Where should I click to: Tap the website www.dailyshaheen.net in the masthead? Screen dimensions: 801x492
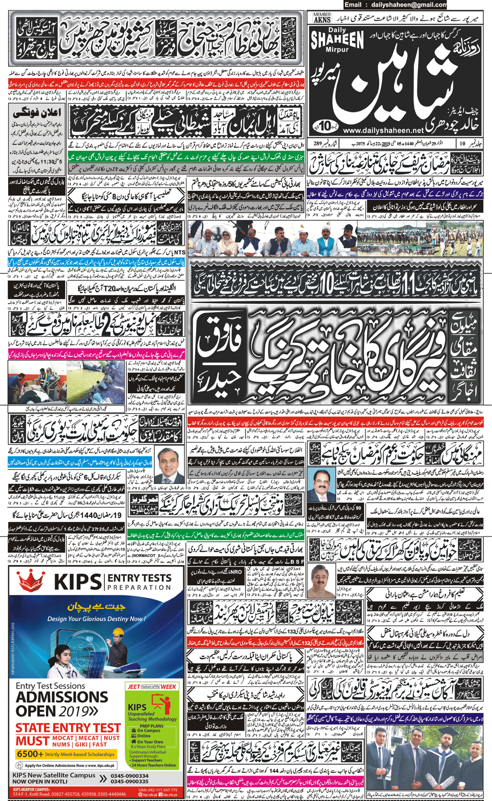coord(375,130)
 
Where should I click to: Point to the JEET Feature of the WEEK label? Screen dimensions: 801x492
coord(152,686)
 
